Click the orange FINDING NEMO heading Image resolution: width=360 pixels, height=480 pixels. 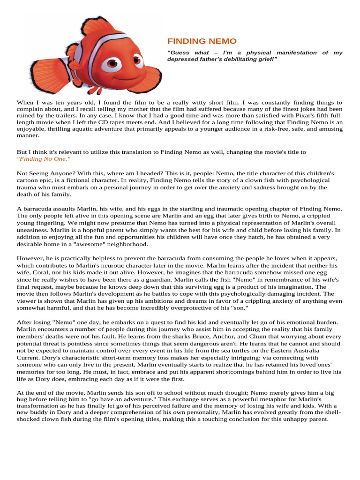coord(202,41)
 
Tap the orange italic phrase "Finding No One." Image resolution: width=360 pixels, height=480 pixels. coord(44,159)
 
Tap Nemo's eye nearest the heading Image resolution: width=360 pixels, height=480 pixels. coord(137,60)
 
